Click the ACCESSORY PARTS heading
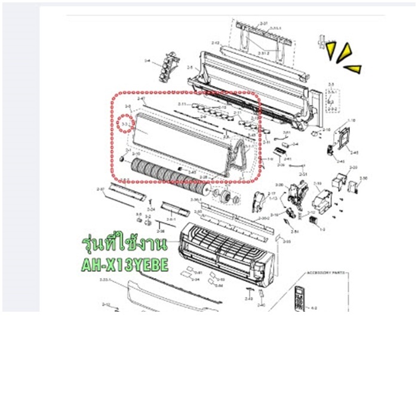point(327,273)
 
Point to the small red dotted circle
point(125,124)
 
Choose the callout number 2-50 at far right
point(364,178)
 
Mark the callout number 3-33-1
point(107,279)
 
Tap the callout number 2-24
point(151,210)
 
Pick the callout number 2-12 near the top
point(216,43)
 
